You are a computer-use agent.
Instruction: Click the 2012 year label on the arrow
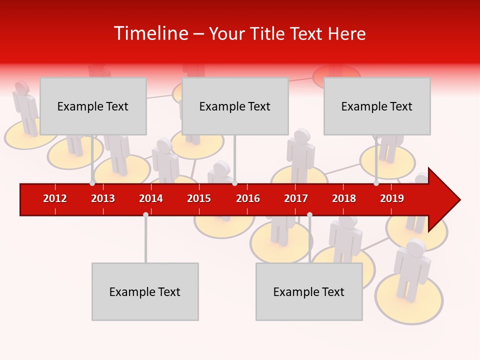pyautogui.click(x=55, y=198)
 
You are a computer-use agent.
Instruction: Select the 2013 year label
pyautogui.click(x=103, y=198)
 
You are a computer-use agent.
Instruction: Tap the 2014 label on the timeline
pyautogui.click(x=151, y=198)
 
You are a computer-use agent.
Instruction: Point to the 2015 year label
pyautogui.click(x=199, y=198)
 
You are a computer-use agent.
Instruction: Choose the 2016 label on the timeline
pyautogui.click(x=248, y=198)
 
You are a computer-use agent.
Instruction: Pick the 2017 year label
pyautogui.click(x=296, y=198)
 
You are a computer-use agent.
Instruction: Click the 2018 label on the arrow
pyautogui.click(x=344, y=198)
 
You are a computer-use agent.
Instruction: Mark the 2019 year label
pyautogui.click(x=392, y=198)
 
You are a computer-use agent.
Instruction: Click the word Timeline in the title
pyautogui.click(x=150, y=33)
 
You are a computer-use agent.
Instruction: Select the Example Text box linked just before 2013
pyautogui.click(x=93, y=106)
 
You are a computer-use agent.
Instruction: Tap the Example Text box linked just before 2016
pyautogui.click(x=235, y=106)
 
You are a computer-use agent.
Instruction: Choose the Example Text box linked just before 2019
pyautogui.click(x=377, y=106)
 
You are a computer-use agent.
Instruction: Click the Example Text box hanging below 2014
pyautogui.click(x=145, y=291)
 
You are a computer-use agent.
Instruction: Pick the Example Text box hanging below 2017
pyautogui.click(x=309, y=291)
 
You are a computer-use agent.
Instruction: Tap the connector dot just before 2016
pyautogui.click(x=235, y=183)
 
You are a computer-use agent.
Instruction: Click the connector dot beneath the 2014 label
pyautogui.click(x=145, y=214)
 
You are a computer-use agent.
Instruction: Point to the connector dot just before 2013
pyautogui.click(x=92, y=183)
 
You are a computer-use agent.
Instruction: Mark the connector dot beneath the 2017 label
pyautogui.click(x=309, y=214)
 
